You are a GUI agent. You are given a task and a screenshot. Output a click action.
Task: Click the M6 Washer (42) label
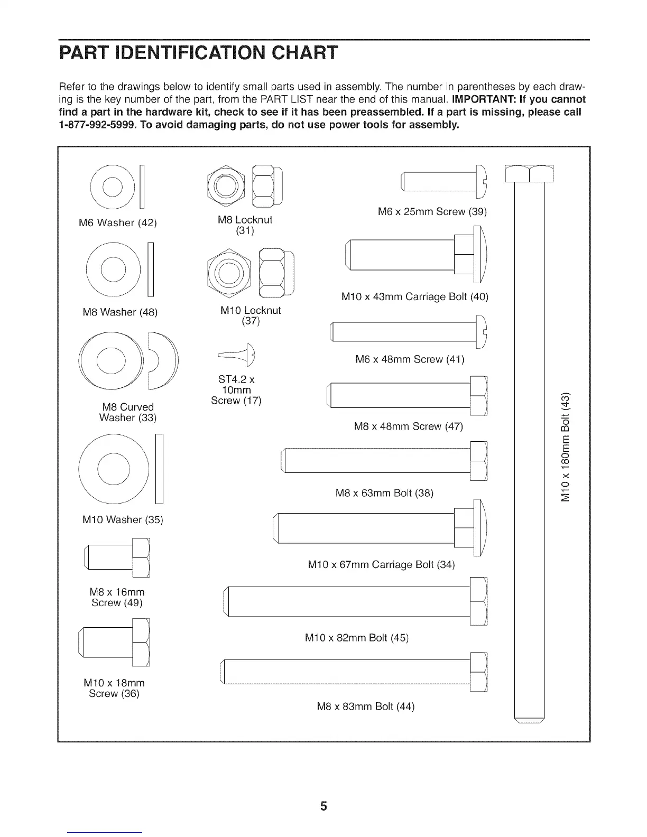(117, 223)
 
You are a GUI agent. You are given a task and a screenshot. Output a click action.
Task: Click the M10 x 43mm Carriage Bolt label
(415, 297)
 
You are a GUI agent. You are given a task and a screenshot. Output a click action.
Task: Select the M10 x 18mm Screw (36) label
(114, 688)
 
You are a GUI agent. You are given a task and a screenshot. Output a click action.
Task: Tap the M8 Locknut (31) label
(245, 225)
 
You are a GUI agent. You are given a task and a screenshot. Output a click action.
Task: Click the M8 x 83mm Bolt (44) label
(365, 706)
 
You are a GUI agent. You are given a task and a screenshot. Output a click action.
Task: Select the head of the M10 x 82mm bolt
(478, 601)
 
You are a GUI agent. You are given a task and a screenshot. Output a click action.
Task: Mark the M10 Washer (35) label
(123, 519)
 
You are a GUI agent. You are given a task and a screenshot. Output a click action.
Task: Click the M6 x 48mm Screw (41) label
(410, 360)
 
